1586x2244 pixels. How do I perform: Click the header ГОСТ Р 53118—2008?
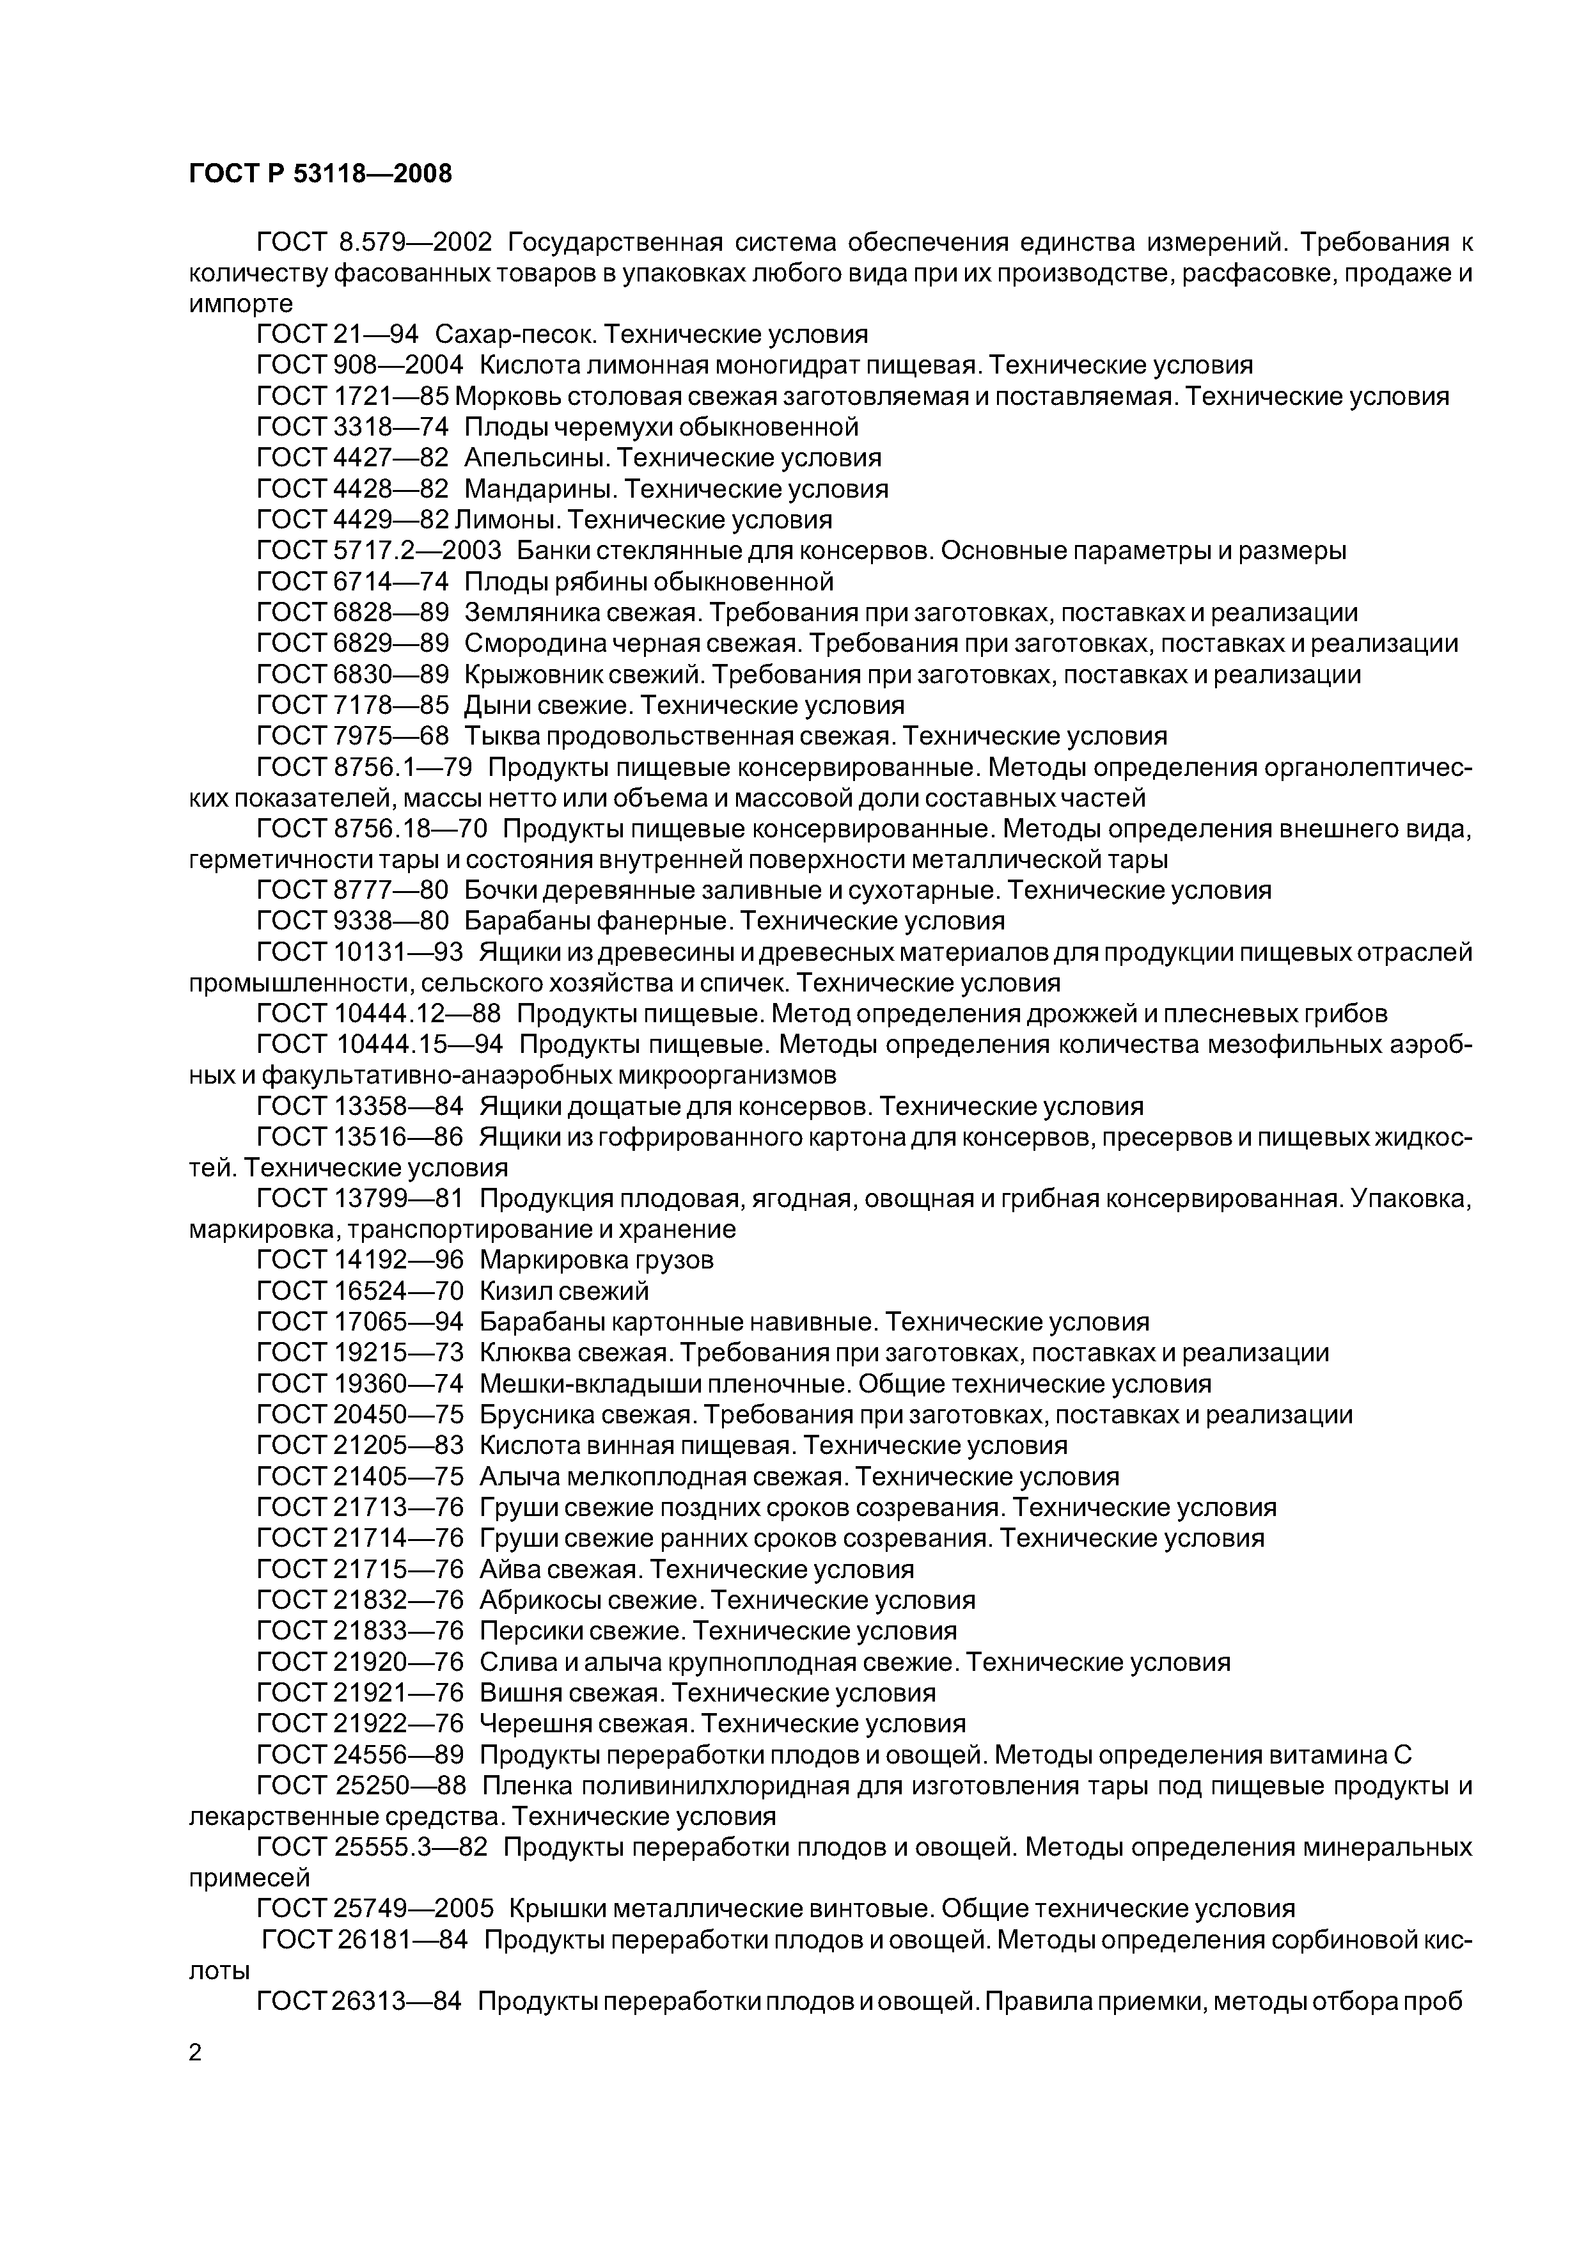coord(320,174)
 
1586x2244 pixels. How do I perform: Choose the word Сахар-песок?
coord(514,335)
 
